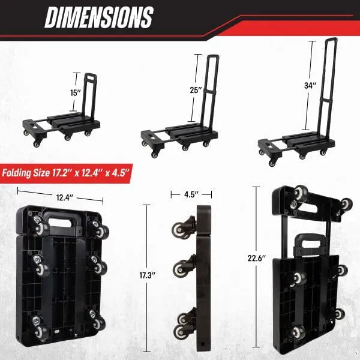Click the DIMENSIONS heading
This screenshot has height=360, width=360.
tap(99, 17)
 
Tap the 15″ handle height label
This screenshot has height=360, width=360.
tap(76, 93)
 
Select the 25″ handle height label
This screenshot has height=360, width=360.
tap(196, 90)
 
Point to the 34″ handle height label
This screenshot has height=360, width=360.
tap(310, 86)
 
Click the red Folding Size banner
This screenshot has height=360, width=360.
tap(67, 173)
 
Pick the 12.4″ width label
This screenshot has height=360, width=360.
tap(65, 197)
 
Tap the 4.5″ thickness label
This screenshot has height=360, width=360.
tap(191, 194)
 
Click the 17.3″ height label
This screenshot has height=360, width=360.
tap(148, 275)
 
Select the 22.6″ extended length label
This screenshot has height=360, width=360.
tap(256, 258)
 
